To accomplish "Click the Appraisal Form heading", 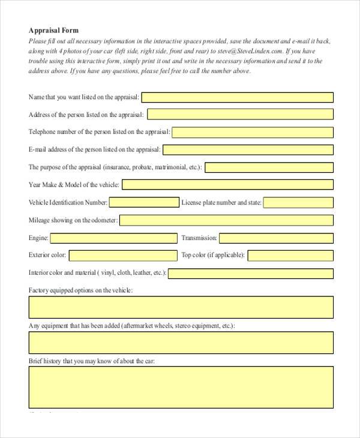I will pos(53,30).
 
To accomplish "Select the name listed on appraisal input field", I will pos(237,97).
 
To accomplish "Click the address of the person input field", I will pos(240,115).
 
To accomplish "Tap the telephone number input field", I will pos(252,132).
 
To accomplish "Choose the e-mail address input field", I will pos(248,150).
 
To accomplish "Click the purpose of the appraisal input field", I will pos(269,167).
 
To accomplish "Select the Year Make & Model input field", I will pos(227,185).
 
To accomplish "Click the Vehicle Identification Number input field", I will pos(144,202).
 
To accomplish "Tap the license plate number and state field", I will pos(298,203).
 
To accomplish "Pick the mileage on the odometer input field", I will pos(226,220).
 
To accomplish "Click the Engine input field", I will pos(113,238).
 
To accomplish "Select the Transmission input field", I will pos(276,238).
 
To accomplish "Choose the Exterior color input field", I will pos(123,256).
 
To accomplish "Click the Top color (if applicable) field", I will pos(290,256).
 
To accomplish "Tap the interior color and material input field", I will pos(251,274).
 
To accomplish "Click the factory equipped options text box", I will pos(181,307).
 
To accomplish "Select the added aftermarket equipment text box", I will pos(181,343).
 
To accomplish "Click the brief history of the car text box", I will pos(181,387).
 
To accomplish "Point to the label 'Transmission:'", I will pos(199,238).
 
